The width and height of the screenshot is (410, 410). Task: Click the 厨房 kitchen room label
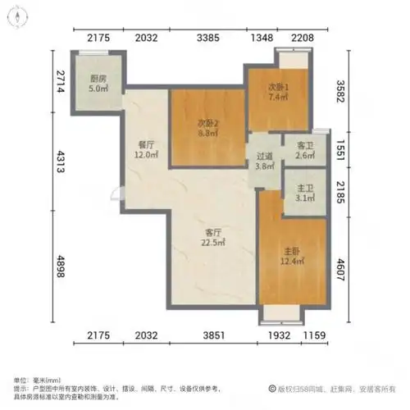pos(98,80)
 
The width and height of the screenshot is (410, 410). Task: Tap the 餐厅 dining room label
pos(147,146)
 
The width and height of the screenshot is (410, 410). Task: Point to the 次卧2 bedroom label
pos(208,123)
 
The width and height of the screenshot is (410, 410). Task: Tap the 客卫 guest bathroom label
pos(303,144)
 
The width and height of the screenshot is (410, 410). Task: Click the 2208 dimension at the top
pos(295,36)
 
